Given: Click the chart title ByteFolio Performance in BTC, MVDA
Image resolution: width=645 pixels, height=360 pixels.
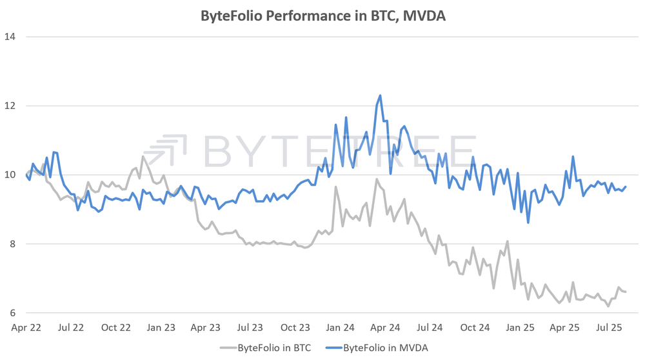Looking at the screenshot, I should [x=322, y=15].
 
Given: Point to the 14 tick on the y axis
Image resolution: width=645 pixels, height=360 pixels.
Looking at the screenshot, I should [x=10, y=36].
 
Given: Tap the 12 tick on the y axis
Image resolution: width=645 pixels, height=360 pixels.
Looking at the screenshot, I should [x=10, y=105].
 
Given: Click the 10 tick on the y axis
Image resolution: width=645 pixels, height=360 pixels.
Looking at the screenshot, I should [x=10, y=175].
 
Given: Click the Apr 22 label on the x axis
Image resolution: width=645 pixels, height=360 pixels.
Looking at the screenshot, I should [x=26, y=328].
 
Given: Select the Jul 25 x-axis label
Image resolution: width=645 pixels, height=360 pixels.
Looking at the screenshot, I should [x=609, y=328].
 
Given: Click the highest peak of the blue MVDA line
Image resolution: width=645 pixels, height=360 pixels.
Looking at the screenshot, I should [x=380, y=95].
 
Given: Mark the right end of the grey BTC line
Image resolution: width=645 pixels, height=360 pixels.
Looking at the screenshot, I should [x=626, y=292].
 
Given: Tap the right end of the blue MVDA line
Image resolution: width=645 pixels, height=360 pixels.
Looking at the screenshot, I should [x=626, y=186].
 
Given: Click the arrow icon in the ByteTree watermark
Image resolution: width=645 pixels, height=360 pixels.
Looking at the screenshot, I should [x=173, y=150].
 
